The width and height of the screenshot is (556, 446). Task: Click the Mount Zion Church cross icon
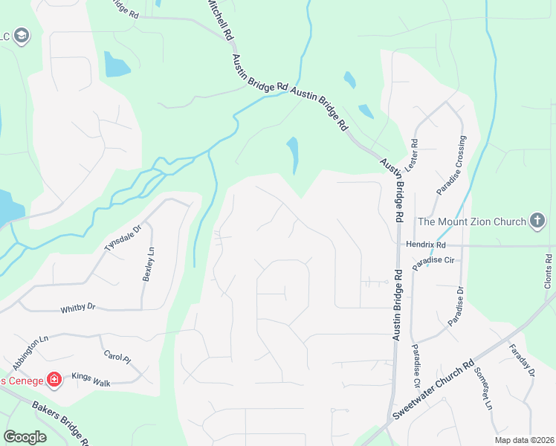pyautogui.click(x=537, y=221)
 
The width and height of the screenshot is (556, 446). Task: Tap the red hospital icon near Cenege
pyautogui.click(x=54, y=381)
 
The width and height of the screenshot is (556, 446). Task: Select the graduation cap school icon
pyautogui.click(x=22, y=35)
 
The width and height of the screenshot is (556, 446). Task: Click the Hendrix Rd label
pyautogui.click(x=426, y=245)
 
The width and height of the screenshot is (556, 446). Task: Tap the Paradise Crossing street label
pyautogui.click(x=452, y=166)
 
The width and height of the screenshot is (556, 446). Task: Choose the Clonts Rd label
pyautogui.click(x=548, y=272)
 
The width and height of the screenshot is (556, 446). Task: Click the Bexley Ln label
pyautogui.click(x=148, y=264)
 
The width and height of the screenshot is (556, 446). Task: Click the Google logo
pyautogui.click(x=25, y=437)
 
